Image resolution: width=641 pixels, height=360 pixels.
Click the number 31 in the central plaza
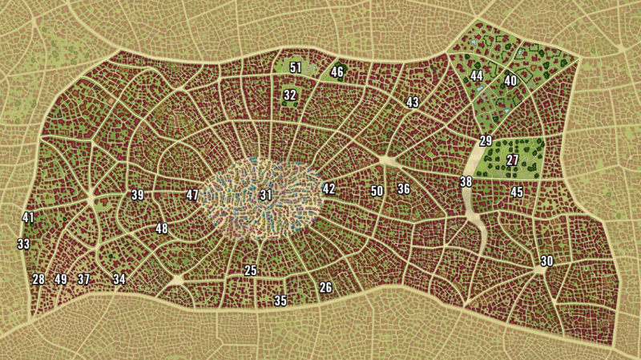[x=266, y=195]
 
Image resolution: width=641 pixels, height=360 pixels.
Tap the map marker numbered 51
[x=296, y=68]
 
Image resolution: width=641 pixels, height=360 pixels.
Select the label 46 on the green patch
[x=337, y=72]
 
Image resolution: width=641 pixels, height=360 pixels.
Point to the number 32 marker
[x=290, y=95]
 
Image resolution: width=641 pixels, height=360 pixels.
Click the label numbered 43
[x=413, y=103]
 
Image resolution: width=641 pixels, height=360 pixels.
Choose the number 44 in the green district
[x=477, y=75]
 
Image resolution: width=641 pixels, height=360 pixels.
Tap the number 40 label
[x=510, y=80]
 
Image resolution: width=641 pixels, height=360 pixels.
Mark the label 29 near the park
[x=486, y=141]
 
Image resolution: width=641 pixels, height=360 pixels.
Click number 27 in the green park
[x=513, y=160]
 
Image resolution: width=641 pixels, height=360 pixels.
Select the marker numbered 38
[x=466, y=182]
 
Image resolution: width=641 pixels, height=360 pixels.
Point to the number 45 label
[x=517, y=192]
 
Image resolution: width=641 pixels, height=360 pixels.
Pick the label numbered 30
[x=546, y=261]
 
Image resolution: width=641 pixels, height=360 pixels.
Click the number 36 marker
[x=404, y=189]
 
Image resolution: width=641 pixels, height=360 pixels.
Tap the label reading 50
[x=377, y=191]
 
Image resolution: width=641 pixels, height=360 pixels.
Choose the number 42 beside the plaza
[x=329, y=188]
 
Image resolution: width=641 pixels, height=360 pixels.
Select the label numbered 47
[x=192, y=195]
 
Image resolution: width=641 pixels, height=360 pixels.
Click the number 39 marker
[x=137, y=195]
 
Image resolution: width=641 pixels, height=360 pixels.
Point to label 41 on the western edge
[x=28, y=217]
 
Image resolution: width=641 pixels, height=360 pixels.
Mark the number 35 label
[x=280, y=301]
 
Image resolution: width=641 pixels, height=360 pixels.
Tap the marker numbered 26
[x=325, y=288]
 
